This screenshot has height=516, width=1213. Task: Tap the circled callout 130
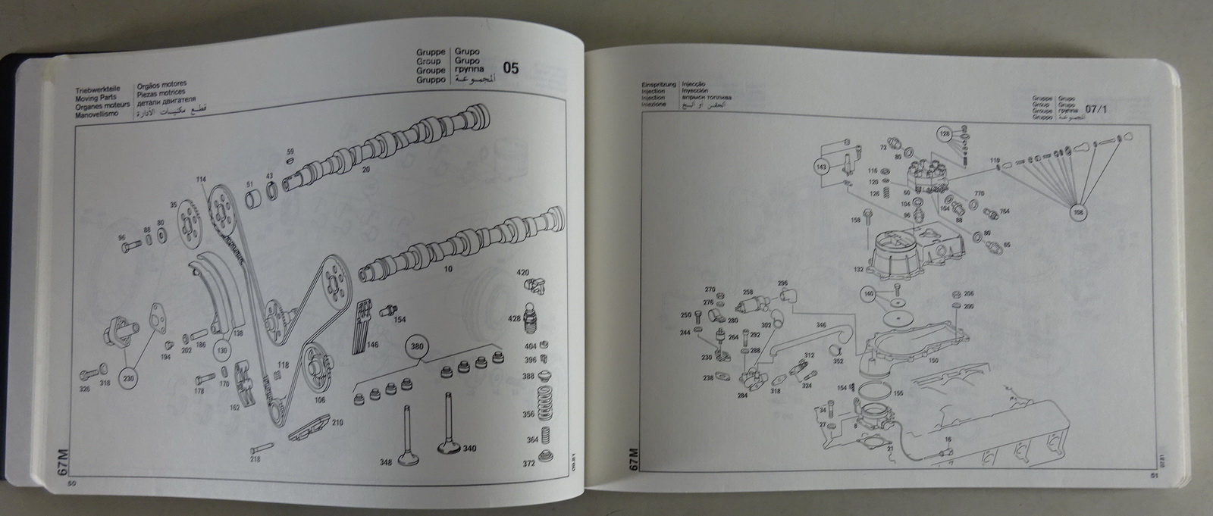coord(223,352)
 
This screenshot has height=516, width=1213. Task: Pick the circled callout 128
coord(945,134)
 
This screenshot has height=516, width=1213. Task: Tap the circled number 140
coord(869,293)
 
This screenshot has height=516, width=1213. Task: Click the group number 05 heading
coord(511,68)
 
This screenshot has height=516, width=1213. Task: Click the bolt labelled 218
coord(255,458)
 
